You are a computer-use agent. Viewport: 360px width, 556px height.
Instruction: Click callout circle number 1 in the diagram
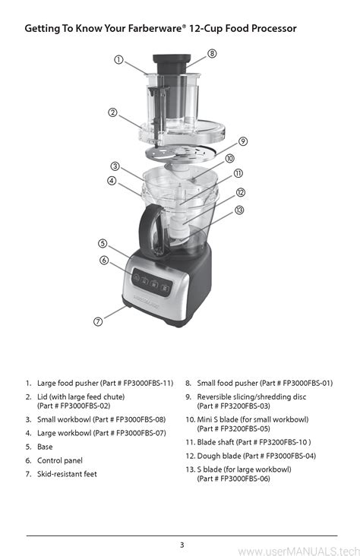(x=119, y=61)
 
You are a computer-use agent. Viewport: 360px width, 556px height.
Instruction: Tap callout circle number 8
(x=212, y=53)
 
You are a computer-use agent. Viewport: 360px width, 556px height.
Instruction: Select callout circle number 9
(x=242, y=141)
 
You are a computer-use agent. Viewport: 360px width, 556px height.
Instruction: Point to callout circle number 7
(x=98, y=321)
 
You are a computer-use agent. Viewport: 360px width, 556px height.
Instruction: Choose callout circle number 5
(x=102, y=243)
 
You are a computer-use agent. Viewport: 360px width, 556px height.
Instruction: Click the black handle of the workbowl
(x=150, y=228)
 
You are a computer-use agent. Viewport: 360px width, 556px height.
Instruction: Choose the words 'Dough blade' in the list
(x=219, y=456)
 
